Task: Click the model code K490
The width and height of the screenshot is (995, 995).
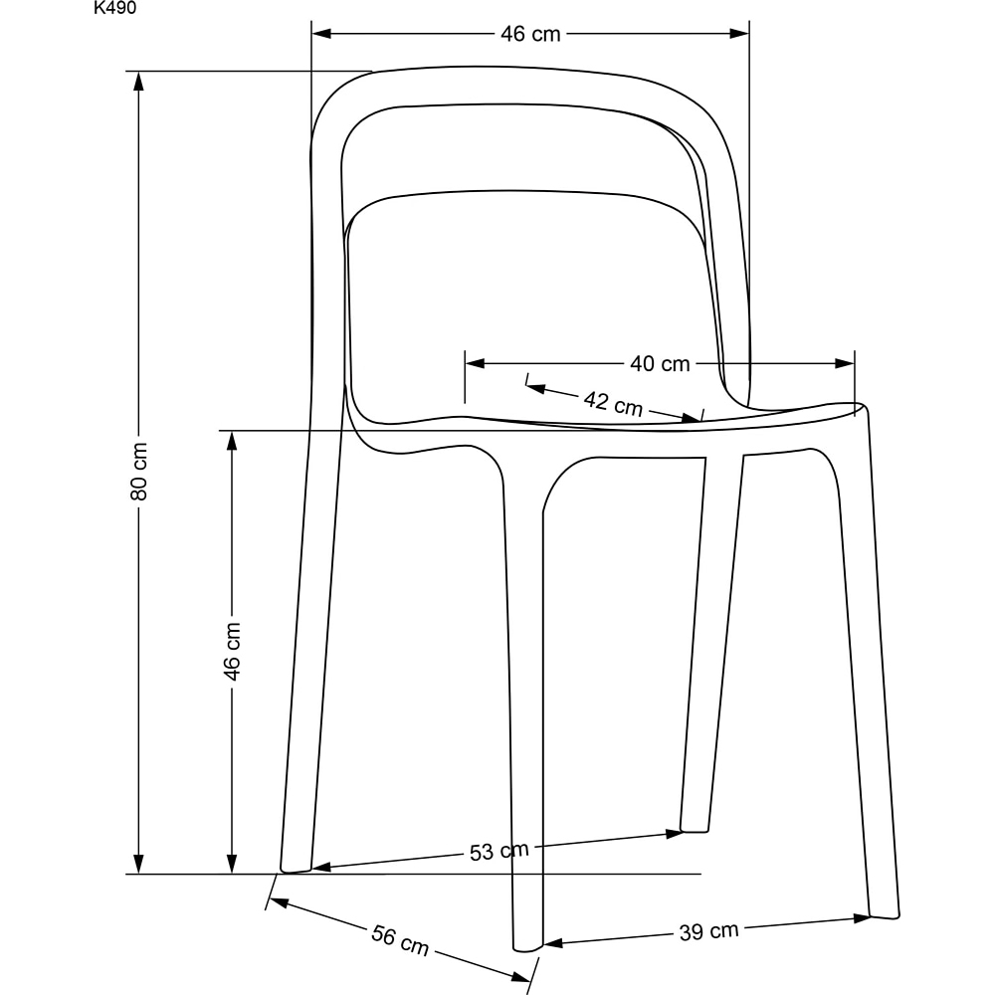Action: pos(114,8)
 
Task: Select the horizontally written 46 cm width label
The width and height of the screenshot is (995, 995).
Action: pos(530,34)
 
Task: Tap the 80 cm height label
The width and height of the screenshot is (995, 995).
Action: pos(139,471)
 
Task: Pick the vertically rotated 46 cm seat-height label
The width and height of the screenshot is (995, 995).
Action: pos(232,652)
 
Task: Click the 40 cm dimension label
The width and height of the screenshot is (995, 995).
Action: pos(660,363)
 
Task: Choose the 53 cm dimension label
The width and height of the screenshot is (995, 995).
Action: pos(499,851)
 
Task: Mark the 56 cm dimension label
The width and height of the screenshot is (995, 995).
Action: pos(400,940)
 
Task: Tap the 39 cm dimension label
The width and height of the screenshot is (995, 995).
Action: pos(708,931)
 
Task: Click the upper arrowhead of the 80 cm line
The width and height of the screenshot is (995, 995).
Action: pos(139,81)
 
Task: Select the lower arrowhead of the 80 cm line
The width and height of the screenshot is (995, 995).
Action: pos(139,864)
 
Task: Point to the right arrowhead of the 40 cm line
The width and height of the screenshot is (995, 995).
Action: pos(845,363)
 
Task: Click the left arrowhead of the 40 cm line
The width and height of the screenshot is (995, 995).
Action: pos(476,363)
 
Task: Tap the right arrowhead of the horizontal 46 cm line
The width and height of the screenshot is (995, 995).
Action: pos(739,34)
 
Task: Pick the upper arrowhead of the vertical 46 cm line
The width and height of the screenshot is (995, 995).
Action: pos(232,441)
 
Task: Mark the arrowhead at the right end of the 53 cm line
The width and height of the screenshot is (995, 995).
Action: pos(674,833)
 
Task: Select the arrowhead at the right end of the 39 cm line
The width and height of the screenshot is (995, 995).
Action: pos(862,917)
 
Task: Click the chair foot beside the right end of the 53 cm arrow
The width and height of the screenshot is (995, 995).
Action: pos(695,829)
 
